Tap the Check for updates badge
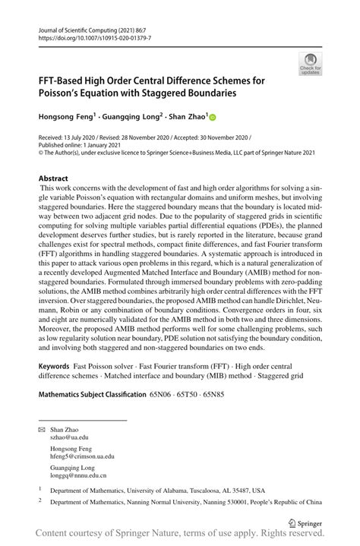310,64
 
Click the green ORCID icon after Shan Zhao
213,117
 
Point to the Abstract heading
53,178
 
